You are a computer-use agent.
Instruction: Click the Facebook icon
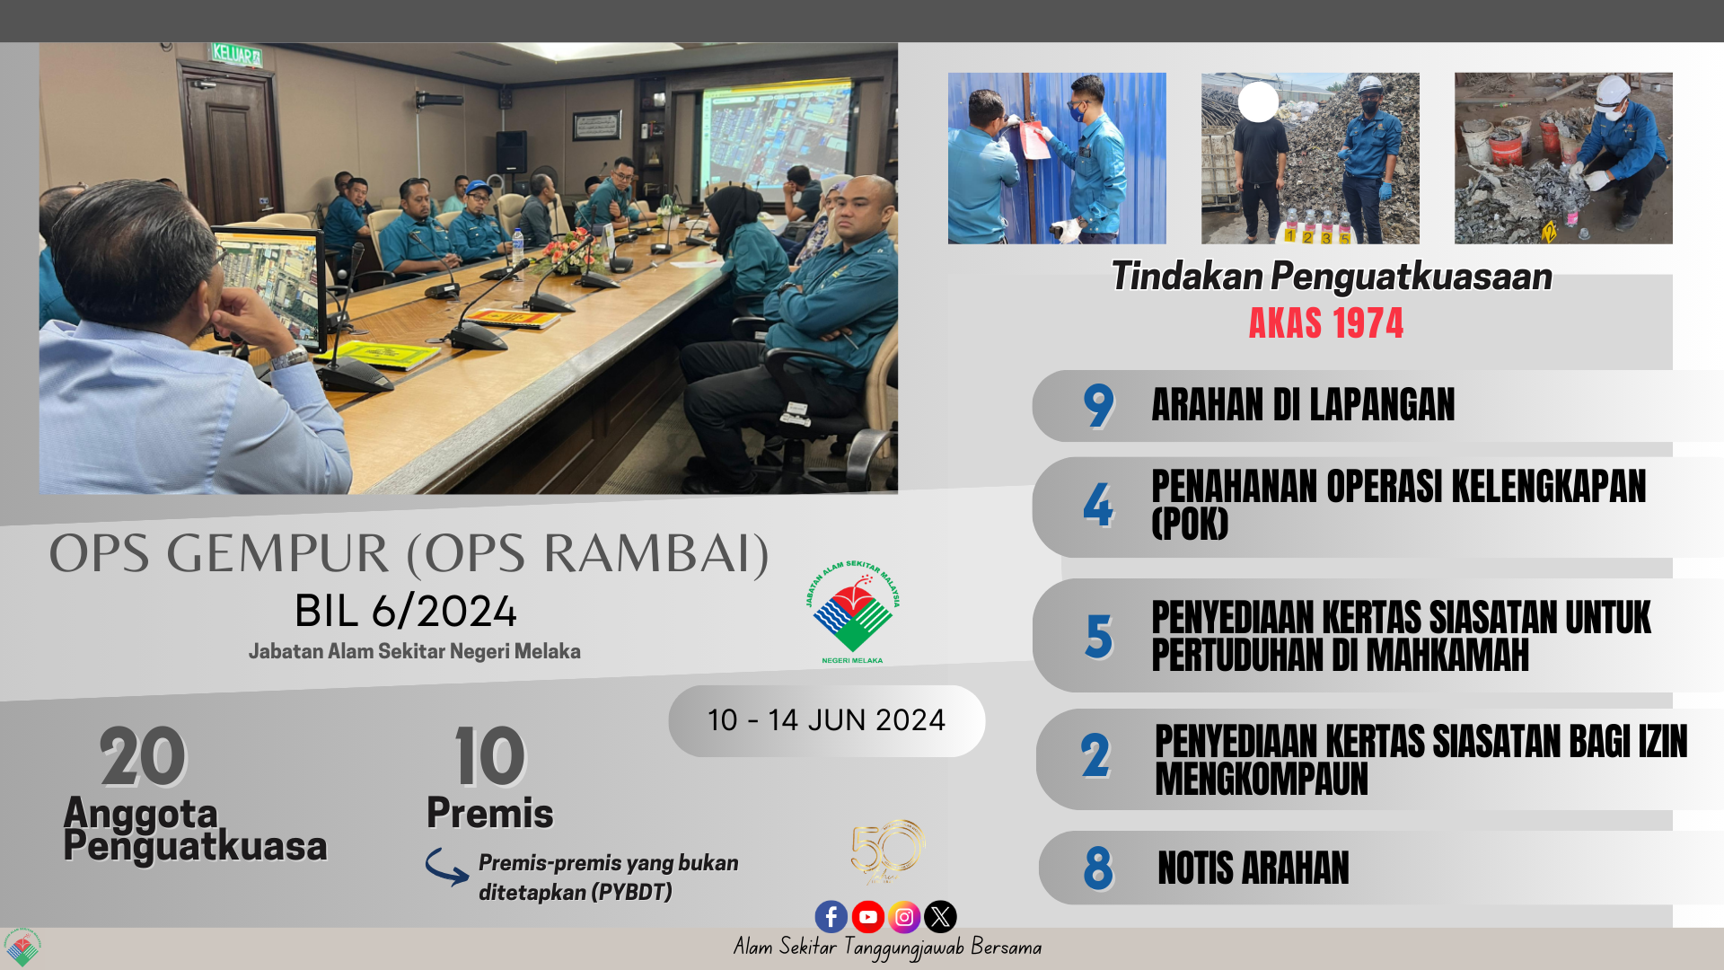(831, 916)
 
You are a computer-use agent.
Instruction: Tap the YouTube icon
(867, 916)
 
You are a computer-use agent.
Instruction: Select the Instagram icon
(904, 916)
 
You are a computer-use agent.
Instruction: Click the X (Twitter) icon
(940, 916)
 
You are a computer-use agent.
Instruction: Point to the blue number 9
(1098, 406)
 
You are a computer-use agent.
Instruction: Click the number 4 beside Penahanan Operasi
(1097, 505)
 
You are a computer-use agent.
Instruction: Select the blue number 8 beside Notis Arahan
(1098, 869)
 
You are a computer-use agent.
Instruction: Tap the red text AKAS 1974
(1325, 323)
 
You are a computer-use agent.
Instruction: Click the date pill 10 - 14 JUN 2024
(826, 720)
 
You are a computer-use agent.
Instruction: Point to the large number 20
(143, 756)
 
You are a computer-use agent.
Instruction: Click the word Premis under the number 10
(490, 813)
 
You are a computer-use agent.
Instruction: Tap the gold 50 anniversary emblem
(887, 851)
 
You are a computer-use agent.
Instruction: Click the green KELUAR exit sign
(236, 54)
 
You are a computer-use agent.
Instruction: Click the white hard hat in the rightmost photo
(1613, 92)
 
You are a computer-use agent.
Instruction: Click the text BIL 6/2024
(406, 612)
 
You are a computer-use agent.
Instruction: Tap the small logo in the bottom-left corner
(22, 948)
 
